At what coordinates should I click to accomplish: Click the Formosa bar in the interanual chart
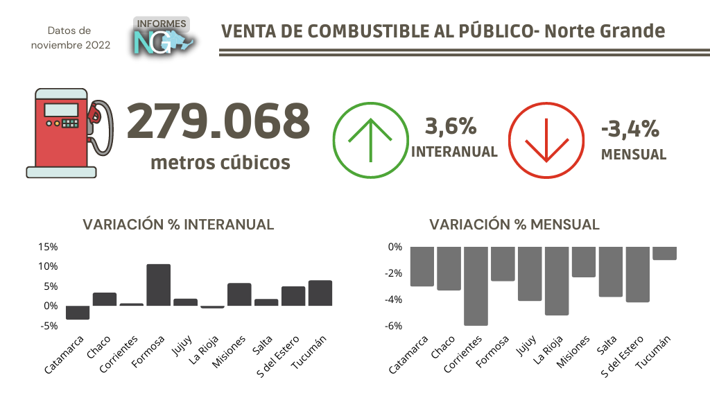(158, 285)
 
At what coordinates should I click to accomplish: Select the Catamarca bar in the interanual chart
(77, 313)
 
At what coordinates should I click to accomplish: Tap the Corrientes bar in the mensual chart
(476, 286)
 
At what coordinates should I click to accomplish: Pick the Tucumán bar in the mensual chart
(664, 254)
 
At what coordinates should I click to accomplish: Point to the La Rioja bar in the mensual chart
(557, 281)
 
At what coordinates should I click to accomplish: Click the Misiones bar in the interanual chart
(239, 295)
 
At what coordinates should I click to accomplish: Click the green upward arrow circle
(369, 139)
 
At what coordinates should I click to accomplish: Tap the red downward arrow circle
(546, 139)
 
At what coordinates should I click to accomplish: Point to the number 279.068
(218, 122)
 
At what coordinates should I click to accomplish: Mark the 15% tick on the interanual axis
(49, 248)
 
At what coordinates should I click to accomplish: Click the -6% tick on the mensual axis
(393, 326)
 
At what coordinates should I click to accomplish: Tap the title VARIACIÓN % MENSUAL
(514, 225)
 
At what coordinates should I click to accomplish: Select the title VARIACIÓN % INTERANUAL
(178, 225)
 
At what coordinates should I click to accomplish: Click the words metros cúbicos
(220, 163)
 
